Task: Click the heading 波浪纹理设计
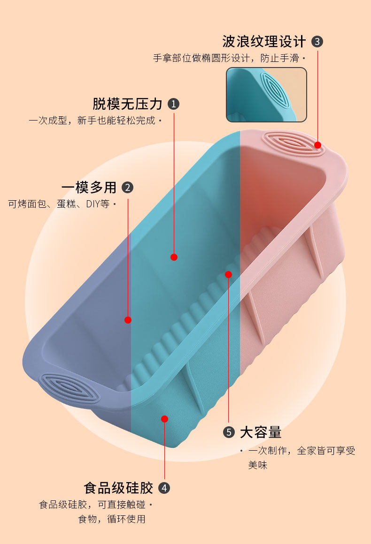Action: coord(264,41)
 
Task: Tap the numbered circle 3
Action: coord(317,42)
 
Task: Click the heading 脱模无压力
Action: coord(127,104)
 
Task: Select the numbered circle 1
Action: coord(174,104)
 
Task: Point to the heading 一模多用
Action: coord(89,188)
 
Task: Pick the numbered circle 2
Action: coord(127,188)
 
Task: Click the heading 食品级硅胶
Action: coord(118,488)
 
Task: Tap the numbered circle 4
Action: coord(164,488)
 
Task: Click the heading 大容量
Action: coord(261,432)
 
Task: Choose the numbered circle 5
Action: coord(229,432)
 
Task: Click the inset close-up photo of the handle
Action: coord(266,95)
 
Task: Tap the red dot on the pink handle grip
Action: coord(317,145)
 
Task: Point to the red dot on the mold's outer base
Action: coord(164,419)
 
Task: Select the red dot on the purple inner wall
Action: coord(128,320)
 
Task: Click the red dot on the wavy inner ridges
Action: coord(228,274)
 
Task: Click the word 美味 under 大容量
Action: coord(258,465)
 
